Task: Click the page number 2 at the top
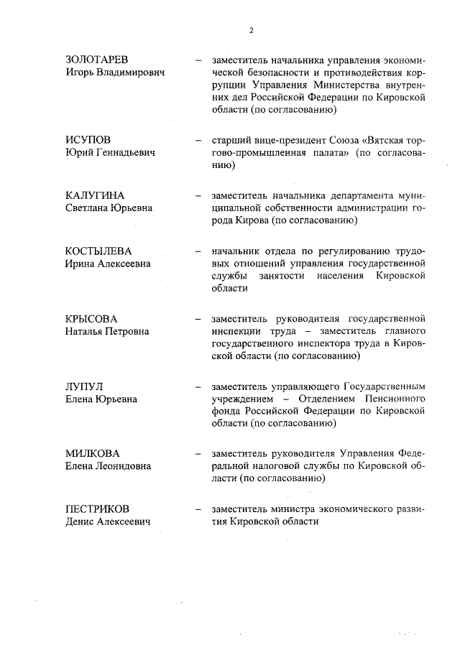[252, 30]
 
